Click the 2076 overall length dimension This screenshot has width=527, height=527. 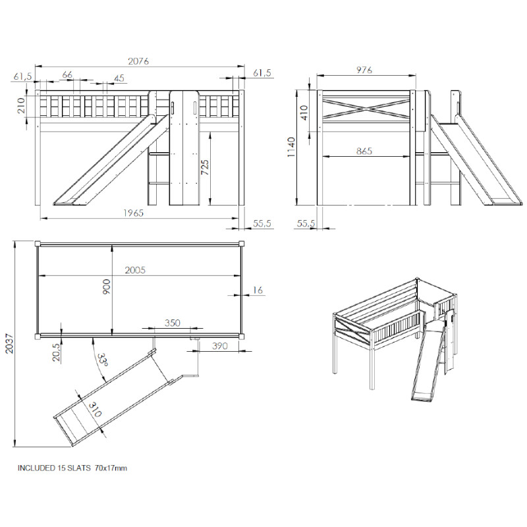click(138, 61)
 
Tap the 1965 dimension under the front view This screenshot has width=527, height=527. click(134, 213)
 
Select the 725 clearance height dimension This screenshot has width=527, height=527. click(205, 167)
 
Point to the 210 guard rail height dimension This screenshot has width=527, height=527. click(20, 105)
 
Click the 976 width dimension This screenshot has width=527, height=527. click(364, 70)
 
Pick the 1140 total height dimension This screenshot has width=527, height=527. click(291, 147)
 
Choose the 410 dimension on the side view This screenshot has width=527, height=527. click(304, 113)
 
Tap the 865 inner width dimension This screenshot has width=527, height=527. click(364, 151)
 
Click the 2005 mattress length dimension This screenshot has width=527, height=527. click(135, 270)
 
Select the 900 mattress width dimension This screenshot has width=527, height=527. click(106, 287)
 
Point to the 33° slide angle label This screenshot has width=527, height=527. click(103, 360)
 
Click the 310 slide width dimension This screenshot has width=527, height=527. click(95, 409)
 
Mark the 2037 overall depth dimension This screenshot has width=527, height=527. click(9, 343)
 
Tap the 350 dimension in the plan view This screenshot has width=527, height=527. click(173, 323)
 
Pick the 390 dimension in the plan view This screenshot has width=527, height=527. click(220, 346)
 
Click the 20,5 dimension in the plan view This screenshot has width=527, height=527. click(57, 352)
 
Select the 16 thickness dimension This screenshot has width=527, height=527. click(258, 290)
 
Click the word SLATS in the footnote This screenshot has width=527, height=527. click(79, 468)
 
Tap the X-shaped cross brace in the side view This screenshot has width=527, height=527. click(367, 108)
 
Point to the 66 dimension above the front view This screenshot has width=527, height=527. click(67, 74)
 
